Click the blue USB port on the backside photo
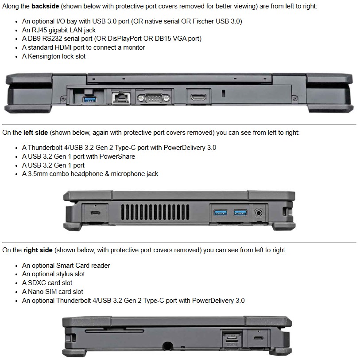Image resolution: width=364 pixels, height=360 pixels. coord(89,100)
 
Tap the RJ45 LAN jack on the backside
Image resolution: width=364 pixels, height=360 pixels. coord(121,98)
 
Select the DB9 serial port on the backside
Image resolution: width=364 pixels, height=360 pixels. coord(154,98)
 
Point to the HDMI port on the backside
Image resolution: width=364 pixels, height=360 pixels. coord(198,97)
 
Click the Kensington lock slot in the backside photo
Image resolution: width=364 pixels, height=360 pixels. coord(223,93)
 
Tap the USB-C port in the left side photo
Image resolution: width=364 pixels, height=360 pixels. coord(95,213)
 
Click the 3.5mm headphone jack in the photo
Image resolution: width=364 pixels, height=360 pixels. coord(259,213)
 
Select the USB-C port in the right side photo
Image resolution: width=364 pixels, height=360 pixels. coord(259,338)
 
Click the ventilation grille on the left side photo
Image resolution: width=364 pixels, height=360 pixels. coord(155,212)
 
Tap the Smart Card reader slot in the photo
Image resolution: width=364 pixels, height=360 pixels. coord(115,331)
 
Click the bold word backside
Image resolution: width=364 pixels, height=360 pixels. coord(45,6)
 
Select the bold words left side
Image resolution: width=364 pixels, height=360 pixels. coord(35,133)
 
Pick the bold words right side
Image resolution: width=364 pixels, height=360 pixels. coord(38,250)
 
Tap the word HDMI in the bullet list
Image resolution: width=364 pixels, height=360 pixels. coord(63,47)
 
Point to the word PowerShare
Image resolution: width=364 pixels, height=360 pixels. coord(117,157)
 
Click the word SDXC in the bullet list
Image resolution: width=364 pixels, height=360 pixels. coord(37,283)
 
